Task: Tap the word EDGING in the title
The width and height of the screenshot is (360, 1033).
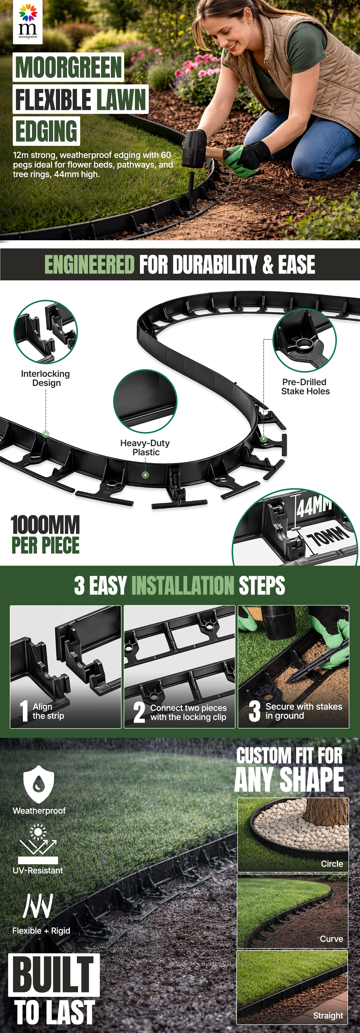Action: [46, 131]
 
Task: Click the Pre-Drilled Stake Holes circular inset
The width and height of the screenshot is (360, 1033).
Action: [304, 340]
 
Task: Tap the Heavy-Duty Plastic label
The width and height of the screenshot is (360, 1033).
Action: [145, 448]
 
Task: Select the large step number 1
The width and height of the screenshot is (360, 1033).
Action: [24, 711]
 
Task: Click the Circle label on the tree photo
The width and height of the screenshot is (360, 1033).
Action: [332, 863]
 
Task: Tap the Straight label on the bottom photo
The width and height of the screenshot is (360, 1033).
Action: [328, 1015]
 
